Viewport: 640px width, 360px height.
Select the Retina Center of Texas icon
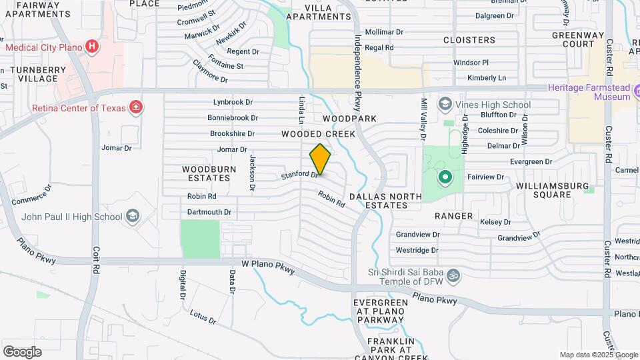point(135,107)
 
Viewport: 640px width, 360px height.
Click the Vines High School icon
point(445,105)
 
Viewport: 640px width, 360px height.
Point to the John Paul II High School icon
point(133,216)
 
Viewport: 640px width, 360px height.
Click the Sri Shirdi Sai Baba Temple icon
point(453,275)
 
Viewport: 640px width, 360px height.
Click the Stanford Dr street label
point(299,175)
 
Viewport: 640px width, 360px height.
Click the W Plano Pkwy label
point(268,266)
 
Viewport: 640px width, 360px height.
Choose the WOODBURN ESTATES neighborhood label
point(209,174)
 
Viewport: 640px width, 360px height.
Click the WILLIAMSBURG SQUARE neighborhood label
point(552,189)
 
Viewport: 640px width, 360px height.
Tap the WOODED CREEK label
point(318,134)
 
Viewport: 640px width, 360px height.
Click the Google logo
point(22,351)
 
